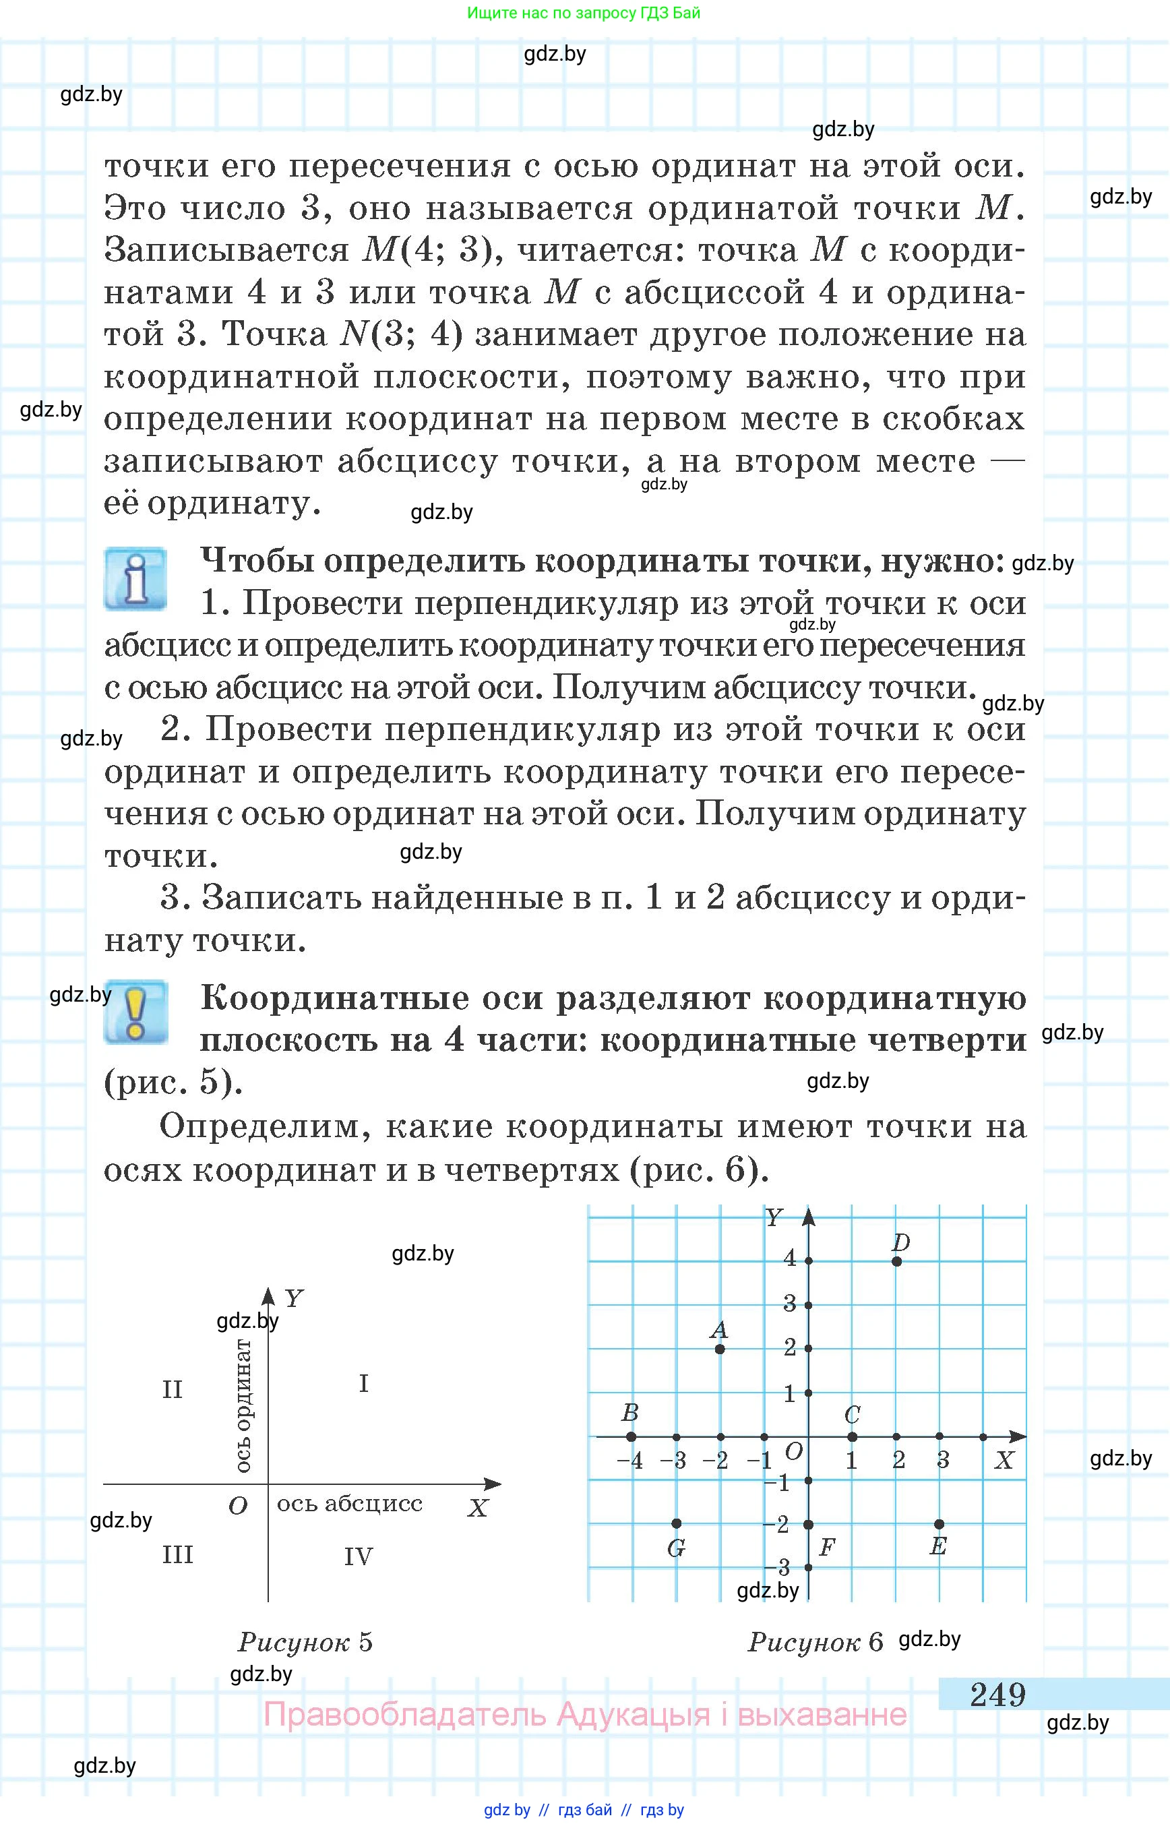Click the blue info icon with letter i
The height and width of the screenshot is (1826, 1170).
[135, 579]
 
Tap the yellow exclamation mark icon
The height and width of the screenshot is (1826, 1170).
[136, 1011]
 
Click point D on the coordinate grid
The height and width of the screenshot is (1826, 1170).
[896, 1261]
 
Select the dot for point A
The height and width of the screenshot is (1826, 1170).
[720, 1349]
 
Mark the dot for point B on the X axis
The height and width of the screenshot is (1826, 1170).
[631, 1436]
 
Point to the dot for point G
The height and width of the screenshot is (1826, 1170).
[676, 1523]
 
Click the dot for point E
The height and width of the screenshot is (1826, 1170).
[940, 1523]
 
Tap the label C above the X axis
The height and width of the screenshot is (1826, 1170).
[852, 1415]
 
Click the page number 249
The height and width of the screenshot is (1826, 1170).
[997, 1694]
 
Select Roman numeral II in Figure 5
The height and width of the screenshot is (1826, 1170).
[173, 1390]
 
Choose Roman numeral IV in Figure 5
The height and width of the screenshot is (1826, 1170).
[358, 1557]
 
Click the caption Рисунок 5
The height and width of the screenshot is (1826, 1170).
[305, 1642]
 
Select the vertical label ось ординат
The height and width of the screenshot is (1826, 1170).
[243, 1406]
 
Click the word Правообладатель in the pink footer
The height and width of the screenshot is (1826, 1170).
[404, 1714]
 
